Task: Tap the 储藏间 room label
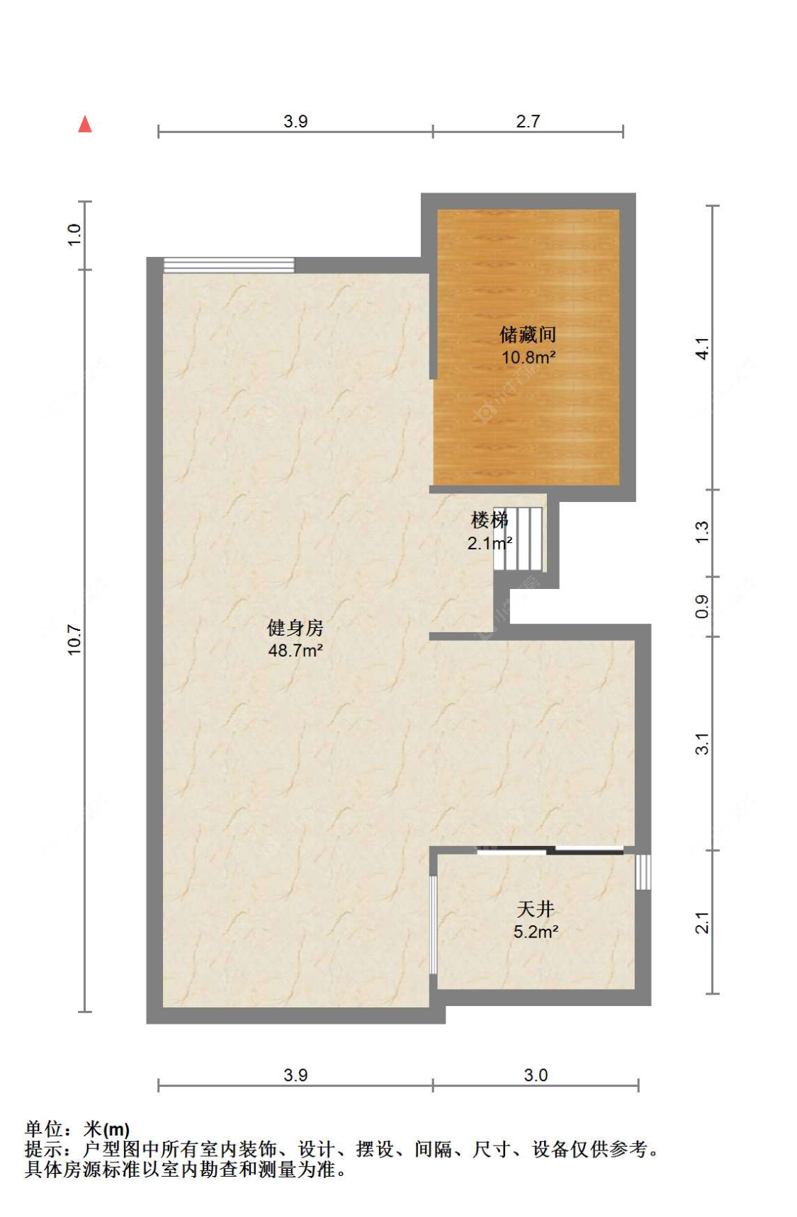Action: pos(528,334)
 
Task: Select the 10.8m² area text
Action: pos(528,358)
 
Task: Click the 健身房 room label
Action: pos(295,627)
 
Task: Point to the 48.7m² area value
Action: pos(295,650)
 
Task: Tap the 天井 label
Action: pos(536,908)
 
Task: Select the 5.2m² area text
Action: pos(536,932)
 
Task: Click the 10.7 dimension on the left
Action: pos(74,640)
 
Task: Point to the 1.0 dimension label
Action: pos(74,234)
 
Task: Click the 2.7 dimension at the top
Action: pos(528,121)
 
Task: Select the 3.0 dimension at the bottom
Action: pos(536,1075)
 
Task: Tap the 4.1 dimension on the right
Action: pos(701,348)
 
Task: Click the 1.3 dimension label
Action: pos(701,532)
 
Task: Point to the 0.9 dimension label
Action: pos(701,606)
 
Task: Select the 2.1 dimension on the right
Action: pos(701,922)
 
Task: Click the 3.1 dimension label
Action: pos(701,743)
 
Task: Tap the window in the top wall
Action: pos(229,265)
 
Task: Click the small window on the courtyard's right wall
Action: pos(643,872)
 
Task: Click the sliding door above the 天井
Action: pos(550,850)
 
